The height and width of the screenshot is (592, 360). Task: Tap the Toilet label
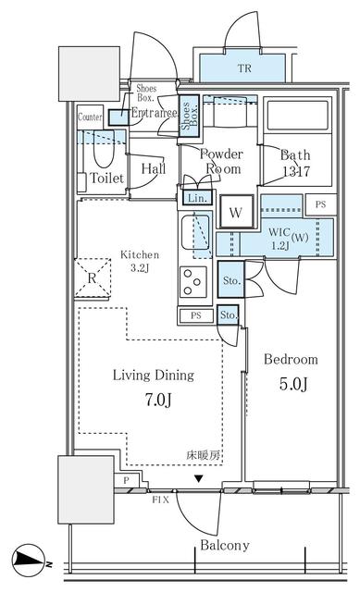106,178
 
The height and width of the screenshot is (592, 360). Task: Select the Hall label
153,168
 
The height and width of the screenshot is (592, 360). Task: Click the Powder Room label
222,162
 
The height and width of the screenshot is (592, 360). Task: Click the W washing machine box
236,213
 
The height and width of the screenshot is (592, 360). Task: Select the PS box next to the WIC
320,203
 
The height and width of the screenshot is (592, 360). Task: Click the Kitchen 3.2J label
140,262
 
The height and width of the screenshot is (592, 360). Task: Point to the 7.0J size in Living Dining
153,401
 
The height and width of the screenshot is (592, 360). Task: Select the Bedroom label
291,359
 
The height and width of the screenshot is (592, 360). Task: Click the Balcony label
225,546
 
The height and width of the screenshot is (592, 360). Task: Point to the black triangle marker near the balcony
199,479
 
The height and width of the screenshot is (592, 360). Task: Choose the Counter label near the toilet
90,117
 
